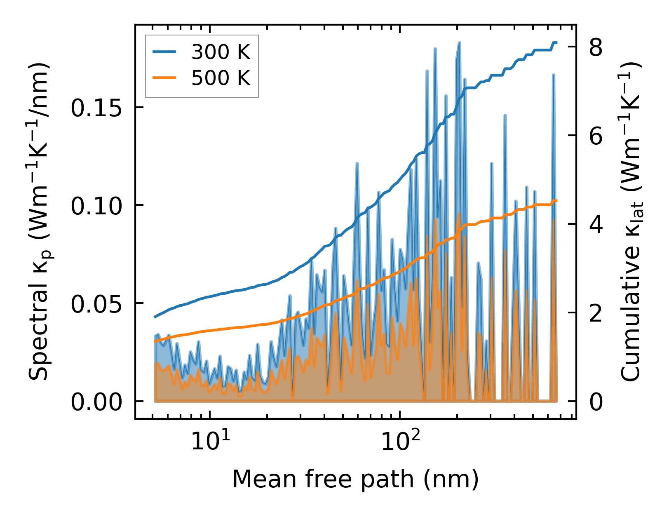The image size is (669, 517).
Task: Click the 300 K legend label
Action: tap(221, 52)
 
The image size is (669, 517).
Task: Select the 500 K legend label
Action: tap(221, 78)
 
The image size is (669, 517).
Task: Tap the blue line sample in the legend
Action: tap(164, 52)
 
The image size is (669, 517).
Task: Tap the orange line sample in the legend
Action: tap(164, 78)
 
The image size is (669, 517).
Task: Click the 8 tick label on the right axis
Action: tap(596, 48)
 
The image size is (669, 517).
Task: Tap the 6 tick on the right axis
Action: tap(596, 136)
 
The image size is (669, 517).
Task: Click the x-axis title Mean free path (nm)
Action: tap(355, 479)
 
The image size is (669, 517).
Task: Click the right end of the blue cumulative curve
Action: tap(556, 42)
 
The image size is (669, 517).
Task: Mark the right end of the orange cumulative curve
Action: tap(556, 201)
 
